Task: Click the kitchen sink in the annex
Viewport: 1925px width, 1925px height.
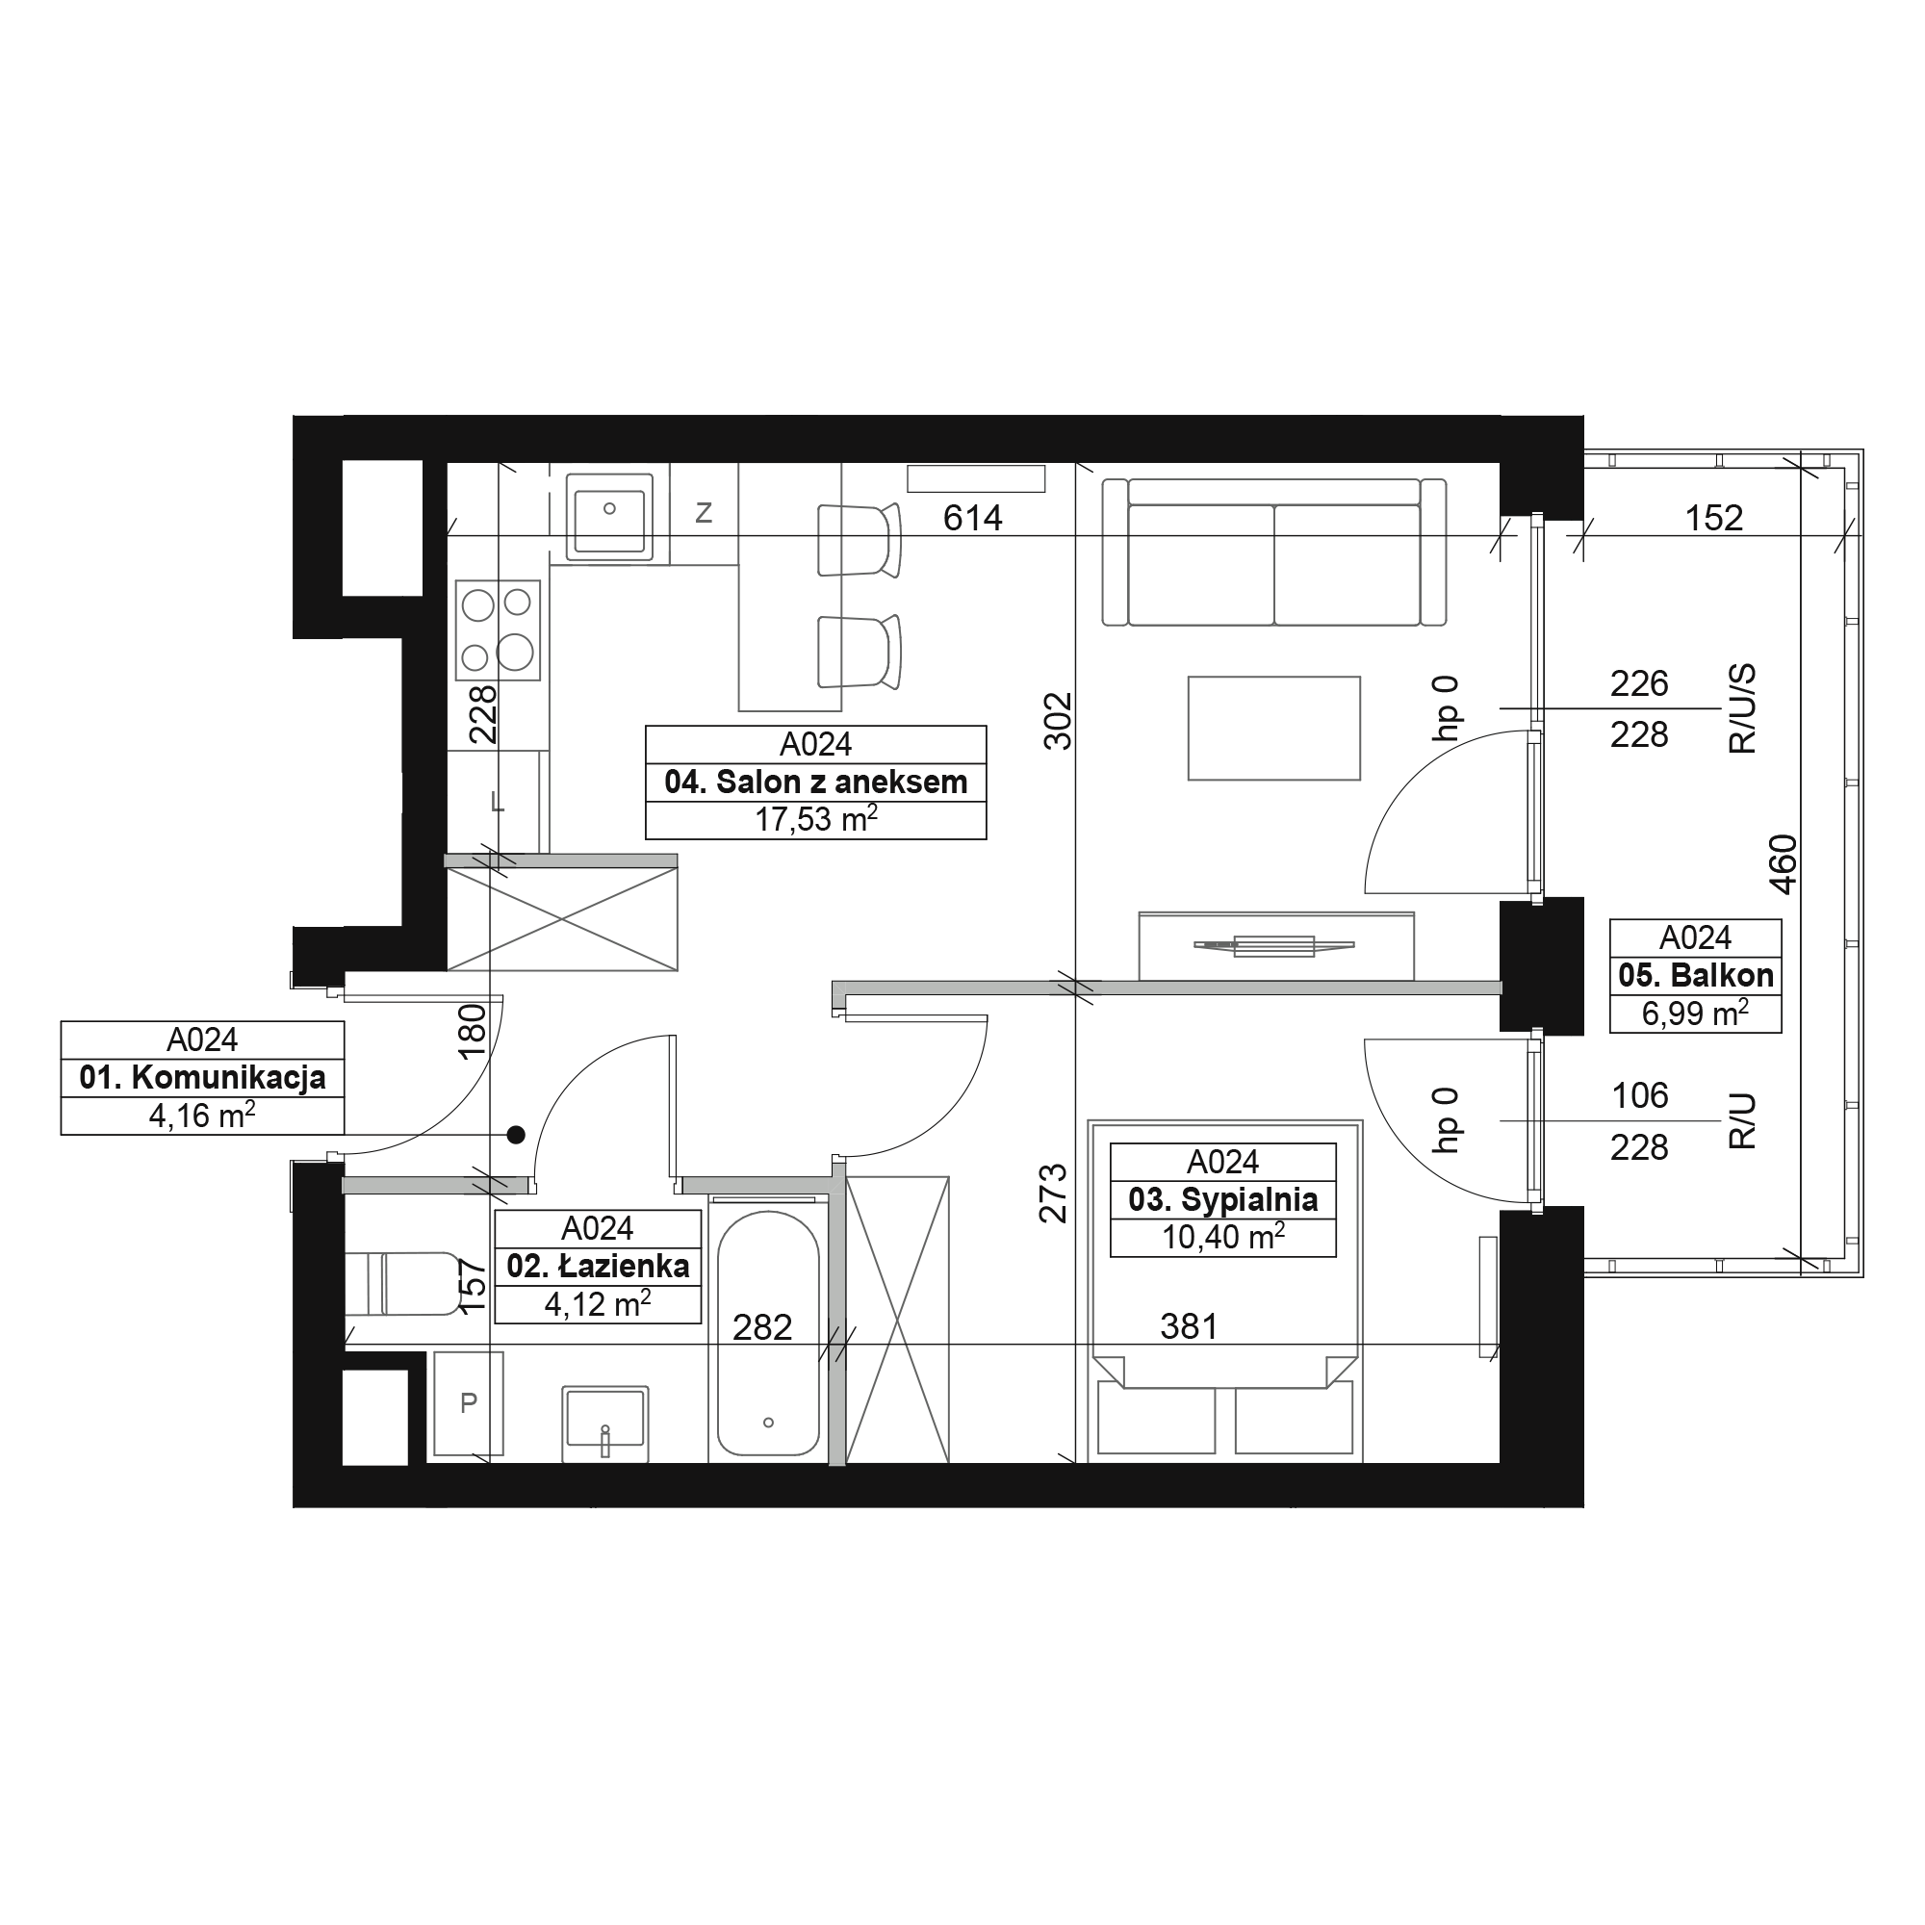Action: [609, 516]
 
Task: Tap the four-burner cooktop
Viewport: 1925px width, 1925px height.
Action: [499, 629]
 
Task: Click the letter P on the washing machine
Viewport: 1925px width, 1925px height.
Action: [469, 1403]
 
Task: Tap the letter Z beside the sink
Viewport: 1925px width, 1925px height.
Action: [704, 513]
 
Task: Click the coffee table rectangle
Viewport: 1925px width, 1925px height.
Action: [1274, 729]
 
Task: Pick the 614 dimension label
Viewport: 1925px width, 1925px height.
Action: [972, 518]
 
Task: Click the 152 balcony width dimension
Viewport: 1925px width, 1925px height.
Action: [1714, 518]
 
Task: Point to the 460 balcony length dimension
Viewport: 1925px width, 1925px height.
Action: [1784, 865]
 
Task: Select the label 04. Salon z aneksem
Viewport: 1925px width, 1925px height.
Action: [816, 783]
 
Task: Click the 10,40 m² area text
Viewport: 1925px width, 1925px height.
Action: [1222, 1237]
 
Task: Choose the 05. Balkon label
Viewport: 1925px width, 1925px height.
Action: [1696, 974]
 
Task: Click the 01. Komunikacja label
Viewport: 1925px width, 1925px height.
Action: [202, 1077]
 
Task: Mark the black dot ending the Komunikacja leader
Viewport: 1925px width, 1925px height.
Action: [515, 1134]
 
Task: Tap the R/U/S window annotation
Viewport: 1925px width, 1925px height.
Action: [1743, 708]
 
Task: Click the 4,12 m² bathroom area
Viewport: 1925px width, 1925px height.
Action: [598, 1303]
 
